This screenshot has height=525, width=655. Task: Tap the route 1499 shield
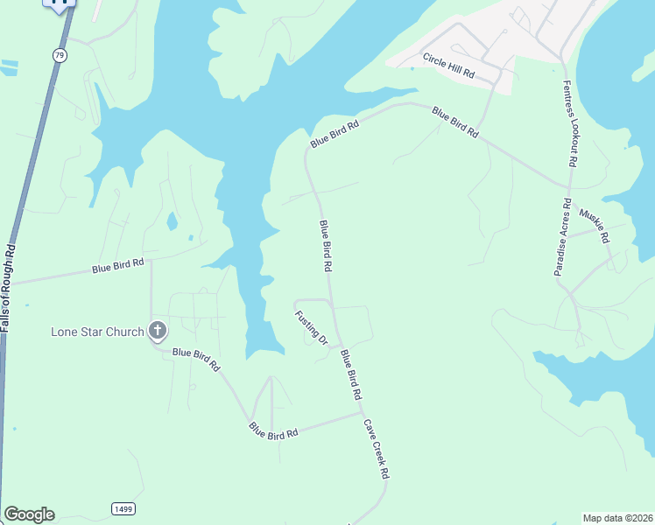[123, 508]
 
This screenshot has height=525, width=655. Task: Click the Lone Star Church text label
[97, 332]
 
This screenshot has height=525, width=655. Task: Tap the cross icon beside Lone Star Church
[158, 331]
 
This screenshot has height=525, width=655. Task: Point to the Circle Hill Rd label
[447, 66]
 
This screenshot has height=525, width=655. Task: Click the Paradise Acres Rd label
[562, 242]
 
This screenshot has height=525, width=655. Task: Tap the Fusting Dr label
[311, 327]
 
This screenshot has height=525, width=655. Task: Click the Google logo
[29, 514]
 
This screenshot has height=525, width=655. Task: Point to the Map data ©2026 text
[617, 518]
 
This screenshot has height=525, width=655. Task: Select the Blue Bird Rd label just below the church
[196, 359]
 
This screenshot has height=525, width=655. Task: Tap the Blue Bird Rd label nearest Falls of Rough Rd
[117, 267]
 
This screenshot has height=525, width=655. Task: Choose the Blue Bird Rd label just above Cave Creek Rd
[351, 374]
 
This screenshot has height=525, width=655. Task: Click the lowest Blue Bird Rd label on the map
[273, 430]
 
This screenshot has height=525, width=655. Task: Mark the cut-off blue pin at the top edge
[60, 5]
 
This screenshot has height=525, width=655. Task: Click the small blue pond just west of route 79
[9, 65]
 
